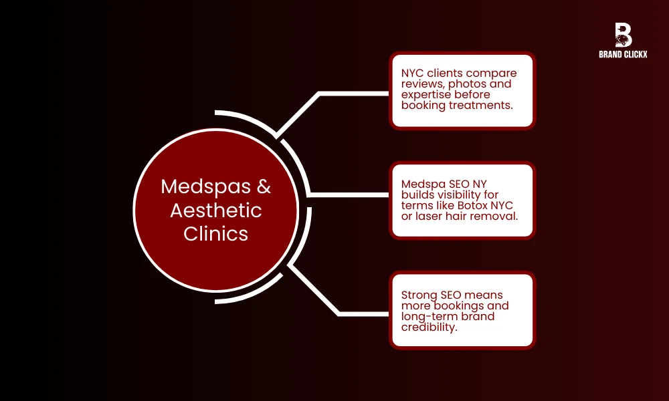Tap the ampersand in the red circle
[264, 186]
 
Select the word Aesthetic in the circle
[215, 211]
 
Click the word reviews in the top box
[420, 84]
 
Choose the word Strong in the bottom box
[418, 295]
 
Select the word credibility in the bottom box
[428, 326]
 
